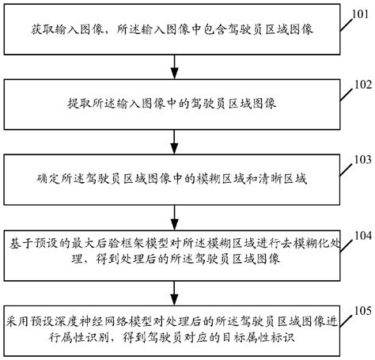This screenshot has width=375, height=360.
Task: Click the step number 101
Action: click(x=361, y=10)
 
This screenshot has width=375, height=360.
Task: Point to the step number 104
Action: click(x=361, y=235)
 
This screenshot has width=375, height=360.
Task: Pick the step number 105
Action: click(x=361, y=309)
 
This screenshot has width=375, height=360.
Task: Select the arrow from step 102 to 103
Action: click(x=175, y=140)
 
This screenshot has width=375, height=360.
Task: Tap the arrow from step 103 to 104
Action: click(x=175, y=214)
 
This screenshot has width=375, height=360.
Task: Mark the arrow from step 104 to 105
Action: click(x=175, y=288)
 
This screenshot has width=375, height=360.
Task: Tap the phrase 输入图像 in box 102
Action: click(x=146, y=104)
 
